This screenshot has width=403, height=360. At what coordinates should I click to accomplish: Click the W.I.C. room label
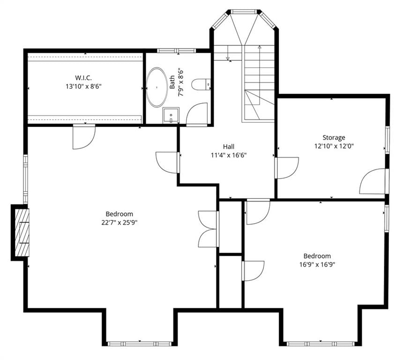(x=83, y=77)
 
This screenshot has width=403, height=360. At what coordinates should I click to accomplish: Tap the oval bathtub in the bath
(x=157, y=88)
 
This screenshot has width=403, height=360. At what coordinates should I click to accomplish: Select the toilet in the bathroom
(x=201, y=84)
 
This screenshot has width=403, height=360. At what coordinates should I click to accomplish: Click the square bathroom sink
(x=171, y=115)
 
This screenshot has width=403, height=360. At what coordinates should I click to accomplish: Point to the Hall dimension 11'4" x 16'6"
(x=229, y=155)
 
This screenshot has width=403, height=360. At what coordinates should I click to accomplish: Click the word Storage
(x=334, y=137)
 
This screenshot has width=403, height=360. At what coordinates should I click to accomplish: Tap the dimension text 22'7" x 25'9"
(x=119, y=222)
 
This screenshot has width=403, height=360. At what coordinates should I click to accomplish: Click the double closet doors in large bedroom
(x=209, y=229)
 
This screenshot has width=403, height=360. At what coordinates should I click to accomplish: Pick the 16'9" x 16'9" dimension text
(x=317, y=264)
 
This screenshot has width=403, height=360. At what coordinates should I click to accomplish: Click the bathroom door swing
(x=197, y=114)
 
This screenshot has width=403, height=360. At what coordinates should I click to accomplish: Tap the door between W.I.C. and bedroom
(x=84, y=136)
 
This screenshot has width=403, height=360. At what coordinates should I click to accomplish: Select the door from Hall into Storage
(x=287, y=168)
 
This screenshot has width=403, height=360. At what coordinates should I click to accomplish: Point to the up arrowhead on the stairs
(x=260, y=47)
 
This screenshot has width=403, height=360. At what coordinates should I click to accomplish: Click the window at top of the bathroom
(x=177, y=51)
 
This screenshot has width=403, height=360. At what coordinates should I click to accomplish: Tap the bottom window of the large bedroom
(x=139, y=344)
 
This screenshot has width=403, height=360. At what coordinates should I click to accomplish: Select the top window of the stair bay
(x=243, y=12)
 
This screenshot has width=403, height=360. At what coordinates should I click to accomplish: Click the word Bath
(x=172, y=82)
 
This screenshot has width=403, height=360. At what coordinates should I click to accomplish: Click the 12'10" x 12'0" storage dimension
(x=334, y=146)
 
